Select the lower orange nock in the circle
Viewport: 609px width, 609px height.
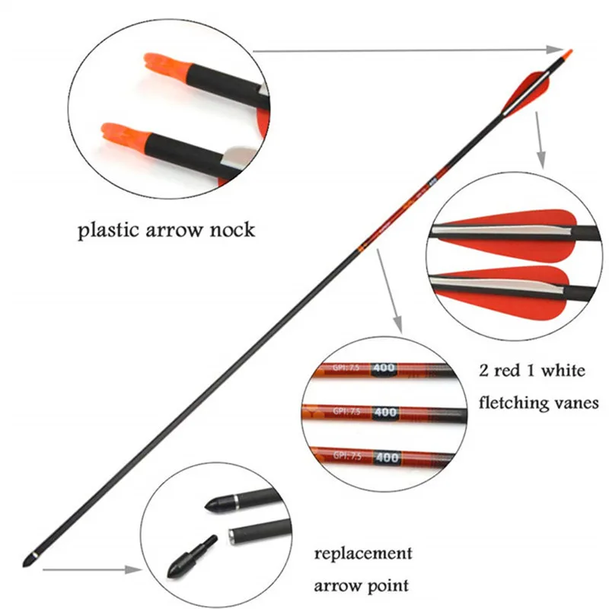[121, 137]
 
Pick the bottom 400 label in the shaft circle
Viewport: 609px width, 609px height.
[387, 458]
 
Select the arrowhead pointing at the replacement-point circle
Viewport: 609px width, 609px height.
[133, 569]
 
